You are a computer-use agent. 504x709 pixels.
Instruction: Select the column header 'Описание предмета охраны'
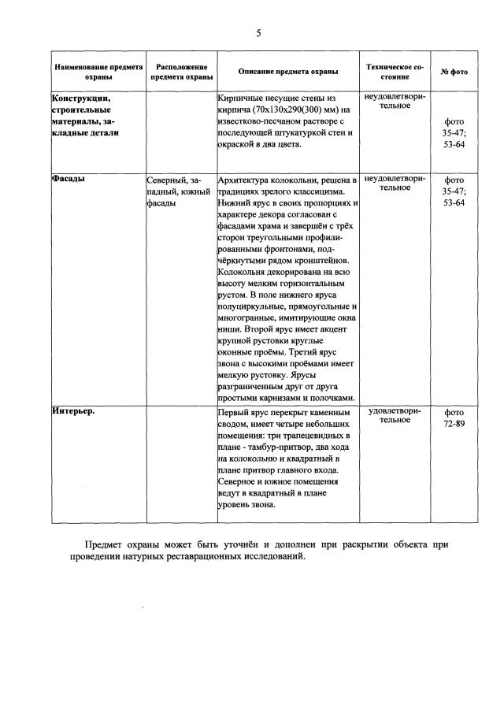[x=288, y=72]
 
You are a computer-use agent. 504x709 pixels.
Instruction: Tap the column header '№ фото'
[x=454, y=72]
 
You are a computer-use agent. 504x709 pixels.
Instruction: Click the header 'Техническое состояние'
[x=395, y=72]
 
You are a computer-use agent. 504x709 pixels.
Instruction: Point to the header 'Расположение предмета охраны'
[x=181, y=72]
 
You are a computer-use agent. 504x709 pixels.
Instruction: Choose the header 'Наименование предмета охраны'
[x=98, y=72]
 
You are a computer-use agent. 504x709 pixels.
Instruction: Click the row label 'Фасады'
[x=69, y=179]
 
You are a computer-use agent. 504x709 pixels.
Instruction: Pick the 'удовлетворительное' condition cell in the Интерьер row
[x=395, y=416]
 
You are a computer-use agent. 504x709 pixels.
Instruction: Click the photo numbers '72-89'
[x=454, y=423]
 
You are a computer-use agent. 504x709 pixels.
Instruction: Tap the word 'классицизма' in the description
[x=319, y=191]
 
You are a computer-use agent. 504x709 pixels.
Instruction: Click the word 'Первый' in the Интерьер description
[x=234, y=412]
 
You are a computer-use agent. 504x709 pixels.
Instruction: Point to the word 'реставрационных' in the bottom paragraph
[x=246, y=556]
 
